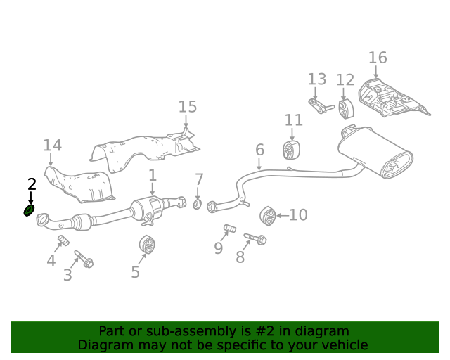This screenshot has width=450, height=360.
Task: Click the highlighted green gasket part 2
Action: pos(30,210)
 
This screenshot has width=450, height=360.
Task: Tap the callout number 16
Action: pos(378,58)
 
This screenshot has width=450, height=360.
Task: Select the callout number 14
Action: pos(52,146)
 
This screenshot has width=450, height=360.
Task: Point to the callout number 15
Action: pos(188,107)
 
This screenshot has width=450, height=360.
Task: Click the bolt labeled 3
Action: pos(84,259)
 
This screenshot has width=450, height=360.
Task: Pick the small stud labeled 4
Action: pos(62,242)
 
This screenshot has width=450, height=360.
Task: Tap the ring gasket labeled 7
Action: pos(198,204)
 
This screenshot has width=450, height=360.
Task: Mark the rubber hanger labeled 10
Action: pos(267,215)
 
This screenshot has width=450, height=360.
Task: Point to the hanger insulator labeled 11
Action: pos(292,149)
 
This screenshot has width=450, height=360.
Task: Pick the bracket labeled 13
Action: pos(321,107)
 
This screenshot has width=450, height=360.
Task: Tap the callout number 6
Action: pos(259,150)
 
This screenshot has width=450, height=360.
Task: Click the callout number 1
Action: pos(152,176)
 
